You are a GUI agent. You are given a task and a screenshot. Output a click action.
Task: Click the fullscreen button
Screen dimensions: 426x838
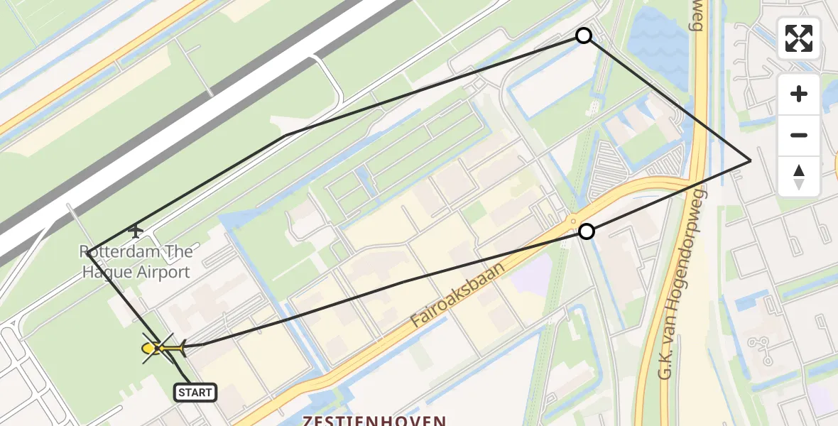pyautogui.click(x=799, y=38)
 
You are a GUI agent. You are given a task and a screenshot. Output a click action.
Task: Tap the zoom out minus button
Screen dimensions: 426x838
pyautogui.click(x=799, y=135)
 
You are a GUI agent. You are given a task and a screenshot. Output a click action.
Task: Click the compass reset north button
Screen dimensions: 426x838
pyautogui.click(x=799, y=176)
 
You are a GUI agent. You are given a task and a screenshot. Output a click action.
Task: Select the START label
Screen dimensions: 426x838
pyautogui.click(x=195, y=392)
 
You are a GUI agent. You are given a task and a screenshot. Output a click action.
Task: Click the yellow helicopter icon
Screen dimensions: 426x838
pyautogui.click(x=163, y=348)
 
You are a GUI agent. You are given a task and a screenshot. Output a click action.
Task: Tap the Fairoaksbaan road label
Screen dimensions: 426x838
pyautogui.click(x=458, y=295)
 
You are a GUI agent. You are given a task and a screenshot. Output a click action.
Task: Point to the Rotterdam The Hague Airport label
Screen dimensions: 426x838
pyautogui.click(x=136, y=261)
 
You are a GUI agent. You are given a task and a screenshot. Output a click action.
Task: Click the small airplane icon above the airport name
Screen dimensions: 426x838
pyautogui.click(x=135, y=230)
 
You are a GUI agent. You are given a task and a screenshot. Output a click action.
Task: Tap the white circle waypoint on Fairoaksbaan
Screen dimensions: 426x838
pyautogui.click(x=587, y=231)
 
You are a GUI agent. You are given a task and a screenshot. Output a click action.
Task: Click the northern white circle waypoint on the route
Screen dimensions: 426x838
pyautogui.click(x=584, y=35)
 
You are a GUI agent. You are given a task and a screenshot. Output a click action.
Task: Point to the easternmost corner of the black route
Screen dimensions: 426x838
pyautogui.click(x=750, y=160)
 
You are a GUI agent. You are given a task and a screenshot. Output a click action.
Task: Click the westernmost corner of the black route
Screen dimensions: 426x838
pyautogui.click(x=87, y=251)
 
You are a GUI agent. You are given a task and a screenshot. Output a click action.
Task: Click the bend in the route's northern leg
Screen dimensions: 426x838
pyautogui.click(x=285, y=135)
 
